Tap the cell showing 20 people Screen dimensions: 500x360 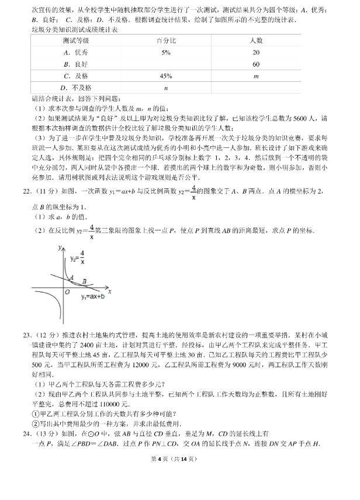coord(256,52)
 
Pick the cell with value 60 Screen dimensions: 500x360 coord(256,64)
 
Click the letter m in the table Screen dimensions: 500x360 coord(256,76)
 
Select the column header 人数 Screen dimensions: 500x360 coord(256,40)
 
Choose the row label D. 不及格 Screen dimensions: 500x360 coord(76,88)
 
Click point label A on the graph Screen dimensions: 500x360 coord(71,278)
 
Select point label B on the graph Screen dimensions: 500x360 coord(86,282)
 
